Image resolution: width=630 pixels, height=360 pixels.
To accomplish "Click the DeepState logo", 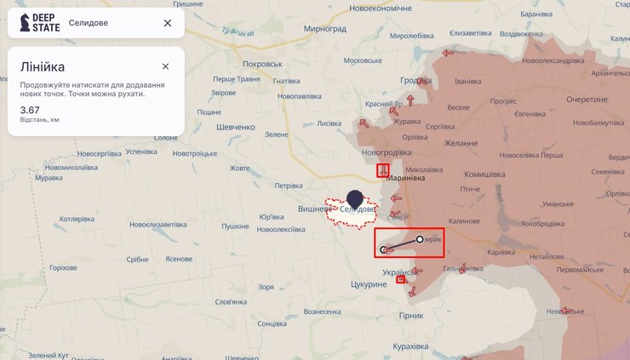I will pos(36,23).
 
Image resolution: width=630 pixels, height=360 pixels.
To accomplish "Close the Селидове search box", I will pos(168,23).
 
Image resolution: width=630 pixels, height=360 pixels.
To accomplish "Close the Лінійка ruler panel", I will pos(165,66).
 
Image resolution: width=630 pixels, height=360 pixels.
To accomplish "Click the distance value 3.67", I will pos(30,110).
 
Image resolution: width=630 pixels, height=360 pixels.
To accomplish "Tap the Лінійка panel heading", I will pos(43,66).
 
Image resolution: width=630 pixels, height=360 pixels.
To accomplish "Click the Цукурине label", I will pos(368,284).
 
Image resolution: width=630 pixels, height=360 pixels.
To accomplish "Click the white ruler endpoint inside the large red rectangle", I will pos(420,240).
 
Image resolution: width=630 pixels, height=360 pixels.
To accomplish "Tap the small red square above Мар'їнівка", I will pos(383,170).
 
